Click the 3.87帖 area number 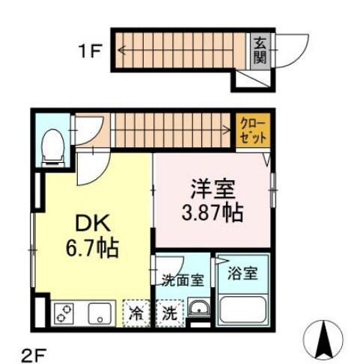coord(211,214)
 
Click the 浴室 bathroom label coord(242,274)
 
